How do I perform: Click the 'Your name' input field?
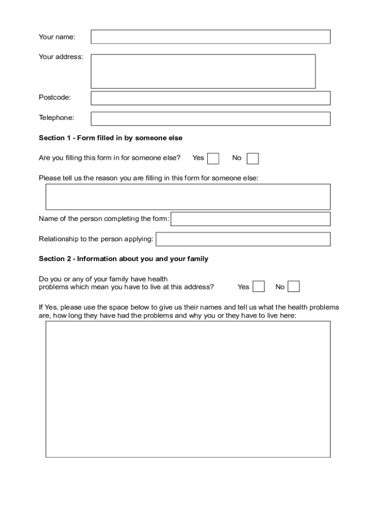pos(210,37)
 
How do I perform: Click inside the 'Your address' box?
pos(203,71)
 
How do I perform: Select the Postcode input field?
pos(210,98)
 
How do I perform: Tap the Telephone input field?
pos(210,118)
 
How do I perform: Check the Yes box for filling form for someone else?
pos(213,158)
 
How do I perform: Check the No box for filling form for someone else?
pos(252,158)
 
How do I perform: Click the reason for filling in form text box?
pos(188,197)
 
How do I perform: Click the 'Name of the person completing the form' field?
pos(251,219)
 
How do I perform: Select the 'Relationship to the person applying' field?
pos(243,239)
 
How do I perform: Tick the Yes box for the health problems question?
pos(258,287)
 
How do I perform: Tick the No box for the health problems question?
pos(294,287)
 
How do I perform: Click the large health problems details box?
pos(188,389)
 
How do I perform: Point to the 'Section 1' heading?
pos(110,138)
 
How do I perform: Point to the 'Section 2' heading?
pos(124,259)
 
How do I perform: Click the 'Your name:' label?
pos(57,37)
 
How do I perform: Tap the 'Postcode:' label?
pos(55,97)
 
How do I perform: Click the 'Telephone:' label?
pos(56,118)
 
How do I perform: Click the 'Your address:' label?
pos(61,57)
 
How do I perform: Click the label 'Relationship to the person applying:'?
pos(96,239)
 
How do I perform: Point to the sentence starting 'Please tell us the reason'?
pos(148,178)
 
